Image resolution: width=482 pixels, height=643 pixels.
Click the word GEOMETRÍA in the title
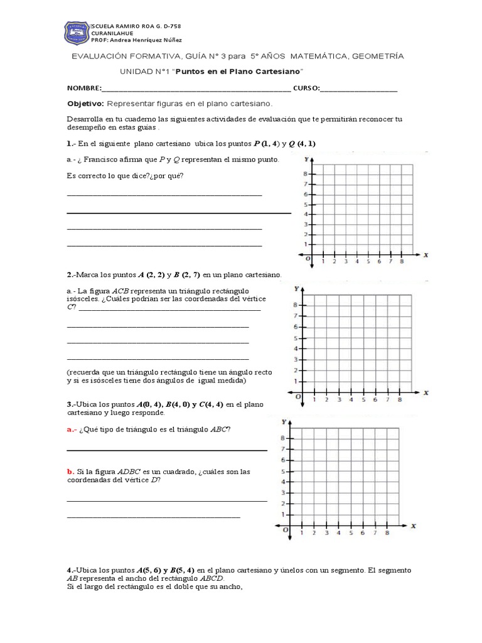coord(375,57)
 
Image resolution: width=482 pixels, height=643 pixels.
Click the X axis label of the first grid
coord(426,255)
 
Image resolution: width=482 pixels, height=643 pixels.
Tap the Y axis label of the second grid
coord(296,289)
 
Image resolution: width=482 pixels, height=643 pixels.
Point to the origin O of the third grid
coord(286,530)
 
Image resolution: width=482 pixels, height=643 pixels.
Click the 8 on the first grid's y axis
coord(305,174)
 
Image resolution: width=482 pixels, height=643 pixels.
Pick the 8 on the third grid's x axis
coord(387,533)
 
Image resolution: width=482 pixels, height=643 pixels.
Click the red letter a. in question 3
coord(70,430)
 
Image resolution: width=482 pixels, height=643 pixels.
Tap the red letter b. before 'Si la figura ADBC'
coord(70,471)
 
